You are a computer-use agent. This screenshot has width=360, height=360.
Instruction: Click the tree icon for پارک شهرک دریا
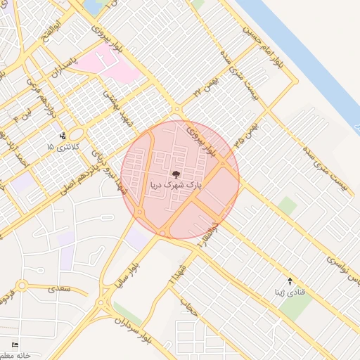[176, 174]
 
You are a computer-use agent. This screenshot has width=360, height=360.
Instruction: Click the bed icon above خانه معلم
[15, 345]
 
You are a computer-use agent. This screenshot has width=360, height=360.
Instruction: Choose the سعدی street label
[56, 288]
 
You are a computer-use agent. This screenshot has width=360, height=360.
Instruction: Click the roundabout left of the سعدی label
[22, 286]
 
